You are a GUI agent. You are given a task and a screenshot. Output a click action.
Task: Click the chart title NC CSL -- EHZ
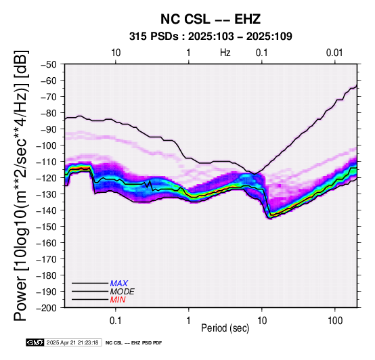coord(211,19)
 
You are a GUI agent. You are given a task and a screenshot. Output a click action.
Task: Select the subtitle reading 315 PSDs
coord(154,37)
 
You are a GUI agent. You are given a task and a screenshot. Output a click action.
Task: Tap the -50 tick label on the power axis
coord(48,64)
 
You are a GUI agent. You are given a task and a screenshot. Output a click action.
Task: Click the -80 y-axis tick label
coord(48,113)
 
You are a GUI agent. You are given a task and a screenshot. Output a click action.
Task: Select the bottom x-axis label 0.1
coord(115,321)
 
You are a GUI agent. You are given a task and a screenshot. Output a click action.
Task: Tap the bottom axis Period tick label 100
coord(335,321)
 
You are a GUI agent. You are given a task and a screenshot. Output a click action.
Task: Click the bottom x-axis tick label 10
coord(262,321)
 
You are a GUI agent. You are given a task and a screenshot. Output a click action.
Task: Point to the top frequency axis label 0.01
coord(334,53)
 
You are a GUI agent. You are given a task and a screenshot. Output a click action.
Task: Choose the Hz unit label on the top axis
coord(225,53)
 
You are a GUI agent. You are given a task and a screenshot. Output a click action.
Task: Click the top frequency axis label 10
coord(116,53)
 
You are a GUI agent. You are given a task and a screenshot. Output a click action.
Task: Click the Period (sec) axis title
coord(225,328)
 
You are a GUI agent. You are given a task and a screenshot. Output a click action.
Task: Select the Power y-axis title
coord(21,185)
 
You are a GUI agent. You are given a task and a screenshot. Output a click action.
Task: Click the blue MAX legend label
coord(119,284)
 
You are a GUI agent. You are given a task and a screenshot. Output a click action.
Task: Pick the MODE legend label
coord(123,292)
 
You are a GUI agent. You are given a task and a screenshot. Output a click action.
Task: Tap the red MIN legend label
coord(118,300)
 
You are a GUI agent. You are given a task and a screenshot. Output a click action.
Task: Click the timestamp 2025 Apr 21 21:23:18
coord(72,343)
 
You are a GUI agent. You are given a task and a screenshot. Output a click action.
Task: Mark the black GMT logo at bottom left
coord(35,342)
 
